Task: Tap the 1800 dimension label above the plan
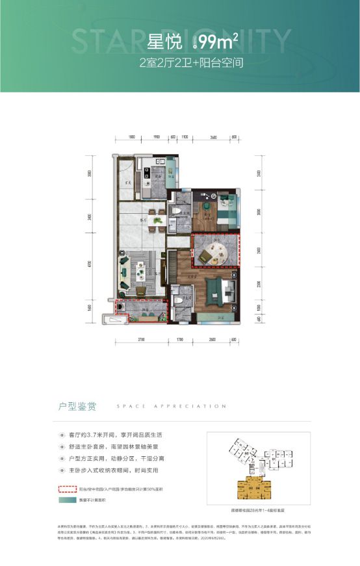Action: click(x=132, y=138)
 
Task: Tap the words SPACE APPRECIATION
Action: click(x=171, y=406)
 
